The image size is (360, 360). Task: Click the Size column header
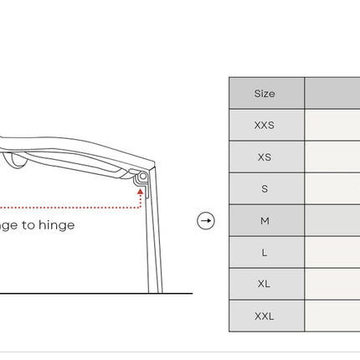[x=265, y=94]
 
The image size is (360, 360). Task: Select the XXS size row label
[x=265, y=125]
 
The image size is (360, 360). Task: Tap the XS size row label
[x=265, y=157]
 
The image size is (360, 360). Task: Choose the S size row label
[x=265, y=189]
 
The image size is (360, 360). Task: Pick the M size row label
[x=265, y=221]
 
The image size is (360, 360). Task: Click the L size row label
[x=265, y=253]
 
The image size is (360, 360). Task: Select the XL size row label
[x=264, y=284]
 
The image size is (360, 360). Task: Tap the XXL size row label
[x=265, y=316]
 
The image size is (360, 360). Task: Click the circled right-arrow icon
[x=206, y=221]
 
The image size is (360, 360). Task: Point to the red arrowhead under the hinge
[x=141, y=192]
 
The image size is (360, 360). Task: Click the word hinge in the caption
[x=57, y=225]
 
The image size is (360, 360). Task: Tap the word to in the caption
[x=28, y=225]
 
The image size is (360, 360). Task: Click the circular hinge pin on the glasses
[x=143, y=176]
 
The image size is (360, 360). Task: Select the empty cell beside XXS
[x=332, y=125]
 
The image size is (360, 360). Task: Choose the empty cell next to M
[x=332, y=221]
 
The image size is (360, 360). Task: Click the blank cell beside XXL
[x=332, y=316]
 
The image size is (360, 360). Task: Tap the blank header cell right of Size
[x=332, y=93]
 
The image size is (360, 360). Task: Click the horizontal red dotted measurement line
[x=69, y=208]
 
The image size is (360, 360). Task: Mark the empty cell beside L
[x=332, y=253]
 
